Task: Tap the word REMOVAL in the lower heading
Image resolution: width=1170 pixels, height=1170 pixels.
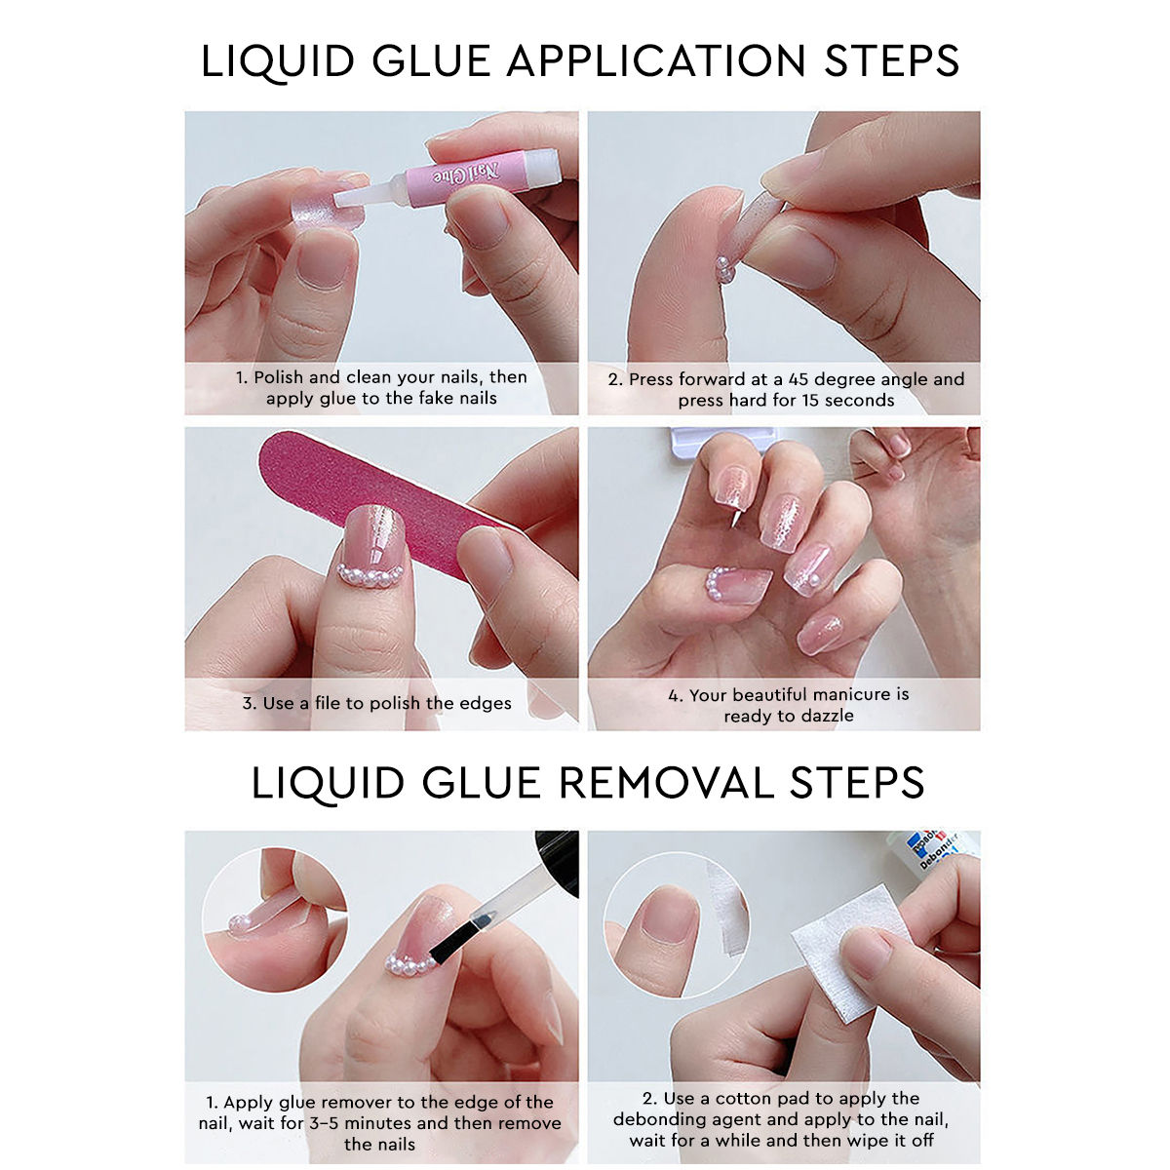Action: (666, 783)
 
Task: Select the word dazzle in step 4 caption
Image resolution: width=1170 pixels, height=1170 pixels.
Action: (826, 716)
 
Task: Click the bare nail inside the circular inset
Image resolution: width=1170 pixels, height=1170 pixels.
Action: (670, 915)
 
